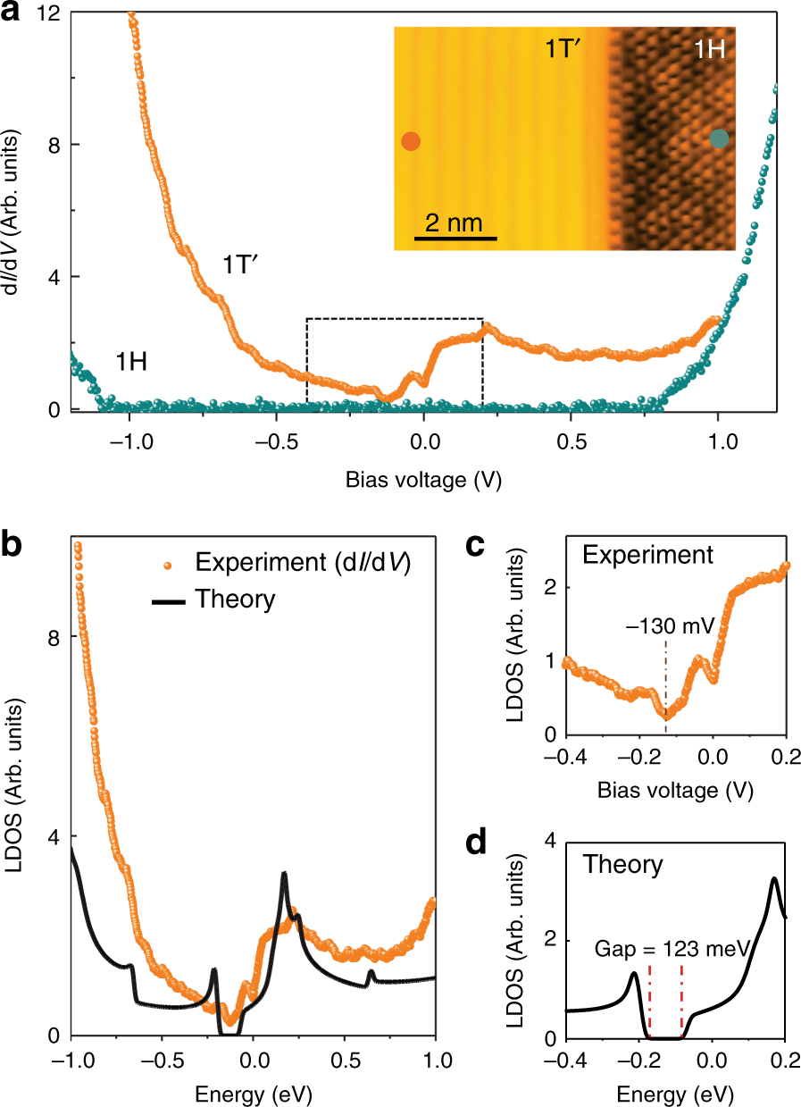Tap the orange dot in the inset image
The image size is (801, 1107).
click(x=410, y=141)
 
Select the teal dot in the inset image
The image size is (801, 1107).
click(x=720, y=138)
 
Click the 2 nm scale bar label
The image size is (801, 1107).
click(x=455, y=222)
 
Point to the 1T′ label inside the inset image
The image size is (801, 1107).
click(x=565, y=49)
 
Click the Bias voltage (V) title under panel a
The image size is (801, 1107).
click(x=423, y=480)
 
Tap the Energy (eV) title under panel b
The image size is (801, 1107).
click(x=253, y=1094)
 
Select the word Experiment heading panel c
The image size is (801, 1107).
click(x=647, y=555)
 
